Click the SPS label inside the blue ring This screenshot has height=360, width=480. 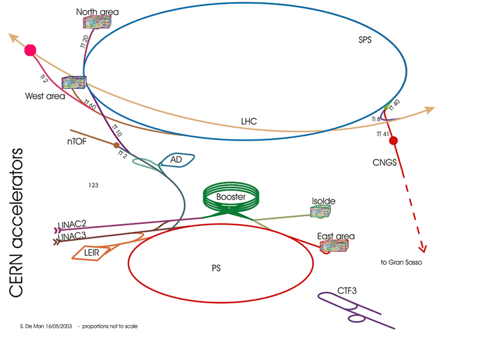tap(364, 41)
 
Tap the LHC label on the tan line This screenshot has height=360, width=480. tap(249, 121)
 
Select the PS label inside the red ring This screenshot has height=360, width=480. tap(215, 268)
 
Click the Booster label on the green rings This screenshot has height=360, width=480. tap(231, 197)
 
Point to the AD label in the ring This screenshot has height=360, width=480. tap(176, 160)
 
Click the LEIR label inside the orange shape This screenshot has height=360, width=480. tap(92, 253)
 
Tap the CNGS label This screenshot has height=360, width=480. tap(385, 162)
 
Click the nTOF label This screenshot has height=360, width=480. tap(78, 141)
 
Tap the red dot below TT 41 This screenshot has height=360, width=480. tap(393, 141)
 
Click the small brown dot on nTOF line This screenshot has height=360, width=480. tap(117, 145)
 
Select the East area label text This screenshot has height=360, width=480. tap(336, 236)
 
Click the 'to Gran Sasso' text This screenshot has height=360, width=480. tap(401, 263)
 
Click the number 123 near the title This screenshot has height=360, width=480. tap(93, 185)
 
